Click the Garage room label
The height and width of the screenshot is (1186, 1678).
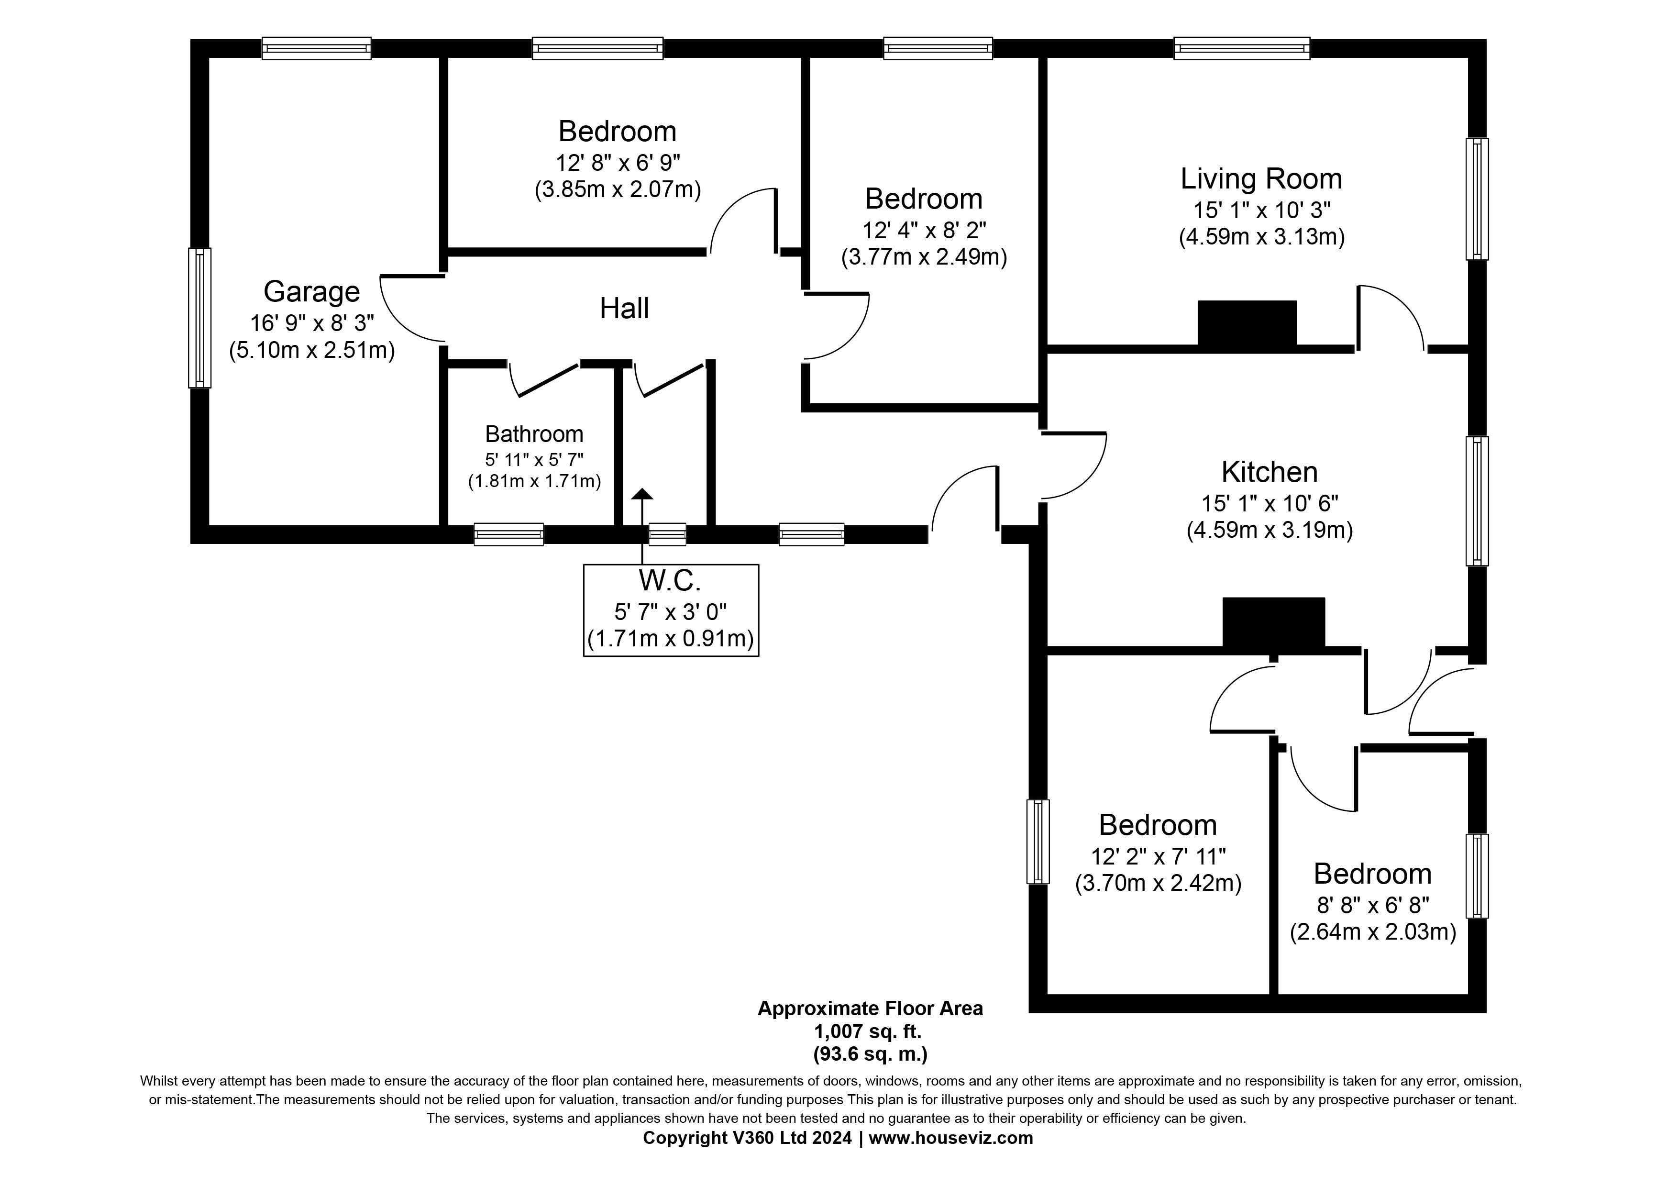tap(311, 291)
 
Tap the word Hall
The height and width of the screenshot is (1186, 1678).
tap(624, 309)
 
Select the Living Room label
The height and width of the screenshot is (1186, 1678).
tap(1261, 179)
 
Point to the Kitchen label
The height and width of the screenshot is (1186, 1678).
tap(1270, 472)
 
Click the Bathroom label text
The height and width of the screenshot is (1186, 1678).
tap(534, 434)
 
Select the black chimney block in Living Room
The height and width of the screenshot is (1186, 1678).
tap(1247, 322)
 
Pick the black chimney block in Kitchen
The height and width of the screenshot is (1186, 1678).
tap(1273, 622)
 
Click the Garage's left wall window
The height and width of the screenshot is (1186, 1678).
tap(199, 317)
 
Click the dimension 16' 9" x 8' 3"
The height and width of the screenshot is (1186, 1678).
tap(312, 322)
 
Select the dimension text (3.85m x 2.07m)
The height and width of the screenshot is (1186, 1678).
tap(618, 190)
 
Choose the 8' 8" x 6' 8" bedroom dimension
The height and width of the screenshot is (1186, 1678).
tap(1372, 905)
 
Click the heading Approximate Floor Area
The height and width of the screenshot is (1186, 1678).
tap(870, 1009)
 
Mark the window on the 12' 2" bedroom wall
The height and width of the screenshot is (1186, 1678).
tap(1038, 841)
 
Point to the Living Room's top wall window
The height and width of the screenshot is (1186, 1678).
tap(1242, 48)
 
